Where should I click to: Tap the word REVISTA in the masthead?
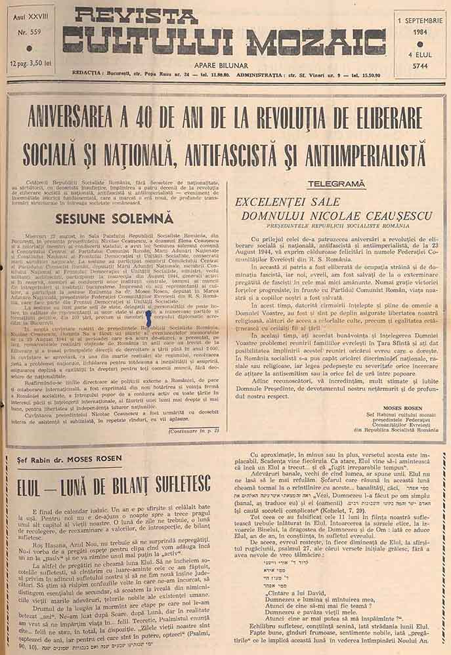[135, 16]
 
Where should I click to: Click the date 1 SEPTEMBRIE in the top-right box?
[419, 20]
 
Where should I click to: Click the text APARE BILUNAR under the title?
[225, 66]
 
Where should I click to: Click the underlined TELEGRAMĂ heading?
[335, 184]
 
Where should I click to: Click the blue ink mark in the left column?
[150, 320]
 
